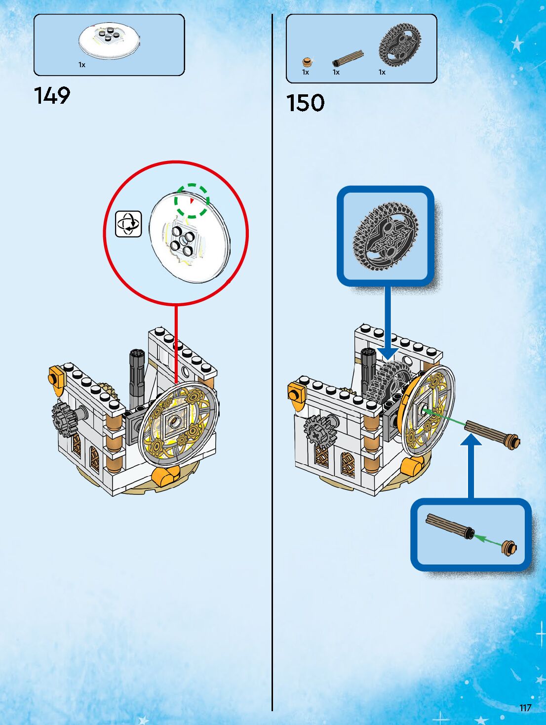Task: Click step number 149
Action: pyautogui.click(x=52, y=95)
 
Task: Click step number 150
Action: pyautogui.click(x=305, y=103)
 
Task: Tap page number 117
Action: pyautogui.click(x=525, y=708)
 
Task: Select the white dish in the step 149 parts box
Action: pyautogui.click(x=109, y=40)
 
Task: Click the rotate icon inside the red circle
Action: pyautogui.click(x=128, y=224)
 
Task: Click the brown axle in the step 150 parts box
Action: pyautogui.click(x=348, y=58)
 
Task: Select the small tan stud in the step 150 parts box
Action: pyautogui.click(x=307, y=62)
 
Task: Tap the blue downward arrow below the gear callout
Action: pyautogui.click(x=388, y=326)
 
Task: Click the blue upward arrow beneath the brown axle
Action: pyautogui.click(x=471, y=464)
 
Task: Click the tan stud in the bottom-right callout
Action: pyautogui.click(x=509, y=548)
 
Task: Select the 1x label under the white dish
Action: pyautogui.click(x=82, y=65)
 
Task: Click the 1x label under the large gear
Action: pyautogui.click(x=382, y=72)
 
